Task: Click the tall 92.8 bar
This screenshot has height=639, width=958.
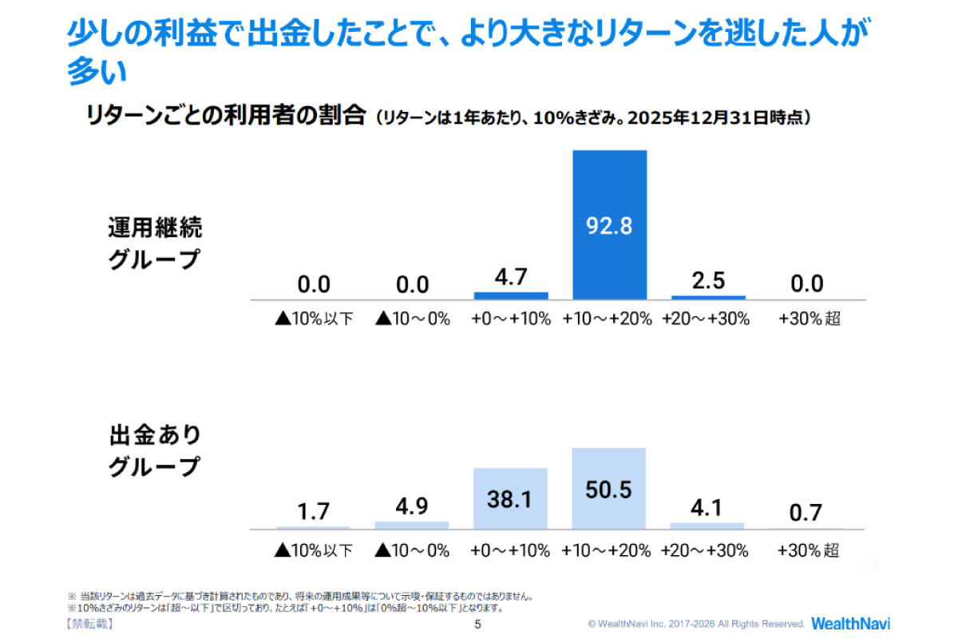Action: [x=609, y=224]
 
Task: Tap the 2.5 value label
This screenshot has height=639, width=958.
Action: [x=707, y=282]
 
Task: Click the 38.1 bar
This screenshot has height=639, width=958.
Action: [x=510, y=498]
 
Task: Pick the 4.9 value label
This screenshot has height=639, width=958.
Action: [x=411, y=508]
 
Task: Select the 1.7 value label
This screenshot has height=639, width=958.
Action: [x=313, y=511]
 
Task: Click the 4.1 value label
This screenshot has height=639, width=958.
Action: [x=707, y=508]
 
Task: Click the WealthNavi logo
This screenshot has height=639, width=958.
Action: [x=850, y=623]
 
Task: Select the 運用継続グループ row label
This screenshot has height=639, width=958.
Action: [x=155, y=244]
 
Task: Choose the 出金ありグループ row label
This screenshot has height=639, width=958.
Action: [x=155, y=451]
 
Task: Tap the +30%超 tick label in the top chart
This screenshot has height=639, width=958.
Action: [x=809, y=319]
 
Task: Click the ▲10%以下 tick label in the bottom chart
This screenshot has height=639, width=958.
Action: [x=313, y=550]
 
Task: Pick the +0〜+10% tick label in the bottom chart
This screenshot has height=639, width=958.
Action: [x=511, y=550]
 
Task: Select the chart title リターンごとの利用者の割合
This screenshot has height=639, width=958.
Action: [x=225, y=117]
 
